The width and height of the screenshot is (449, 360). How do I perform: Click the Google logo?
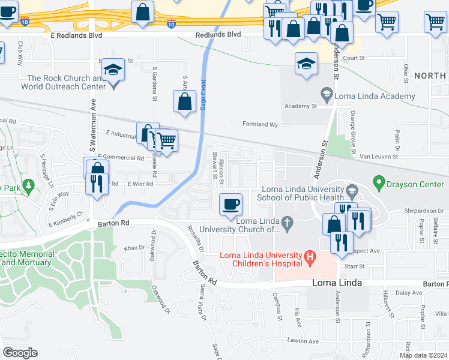coord(20,353)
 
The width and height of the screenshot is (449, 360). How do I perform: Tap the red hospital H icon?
coord(310,259)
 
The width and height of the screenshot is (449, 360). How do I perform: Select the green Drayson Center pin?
coord(378,181)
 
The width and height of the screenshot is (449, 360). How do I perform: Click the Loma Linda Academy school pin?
coord(326,93)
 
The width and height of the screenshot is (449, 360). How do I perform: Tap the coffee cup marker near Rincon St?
coord(231,205)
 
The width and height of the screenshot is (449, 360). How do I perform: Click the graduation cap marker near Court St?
coord(306,64)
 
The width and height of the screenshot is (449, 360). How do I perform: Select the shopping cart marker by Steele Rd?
coord(167,140)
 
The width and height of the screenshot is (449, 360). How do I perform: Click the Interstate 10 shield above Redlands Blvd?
coord(172,24)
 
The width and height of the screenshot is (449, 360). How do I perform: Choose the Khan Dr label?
coord(130,248)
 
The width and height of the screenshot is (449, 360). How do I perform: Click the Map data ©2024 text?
coord(423,355)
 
